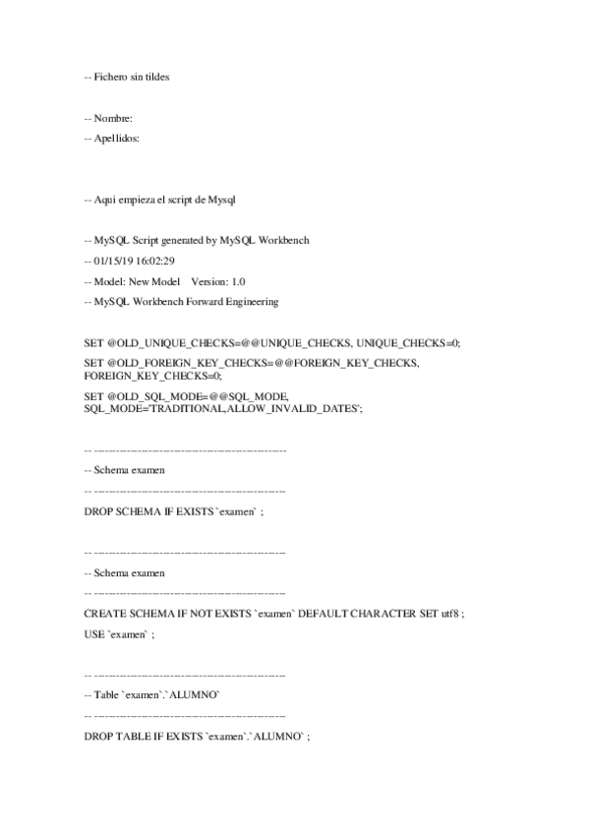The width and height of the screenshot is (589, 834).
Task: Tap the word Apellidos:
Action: tap(118, 139)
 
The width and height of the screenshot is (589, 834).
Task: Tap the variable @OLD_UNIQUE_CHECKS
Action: tap(154, 343)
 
